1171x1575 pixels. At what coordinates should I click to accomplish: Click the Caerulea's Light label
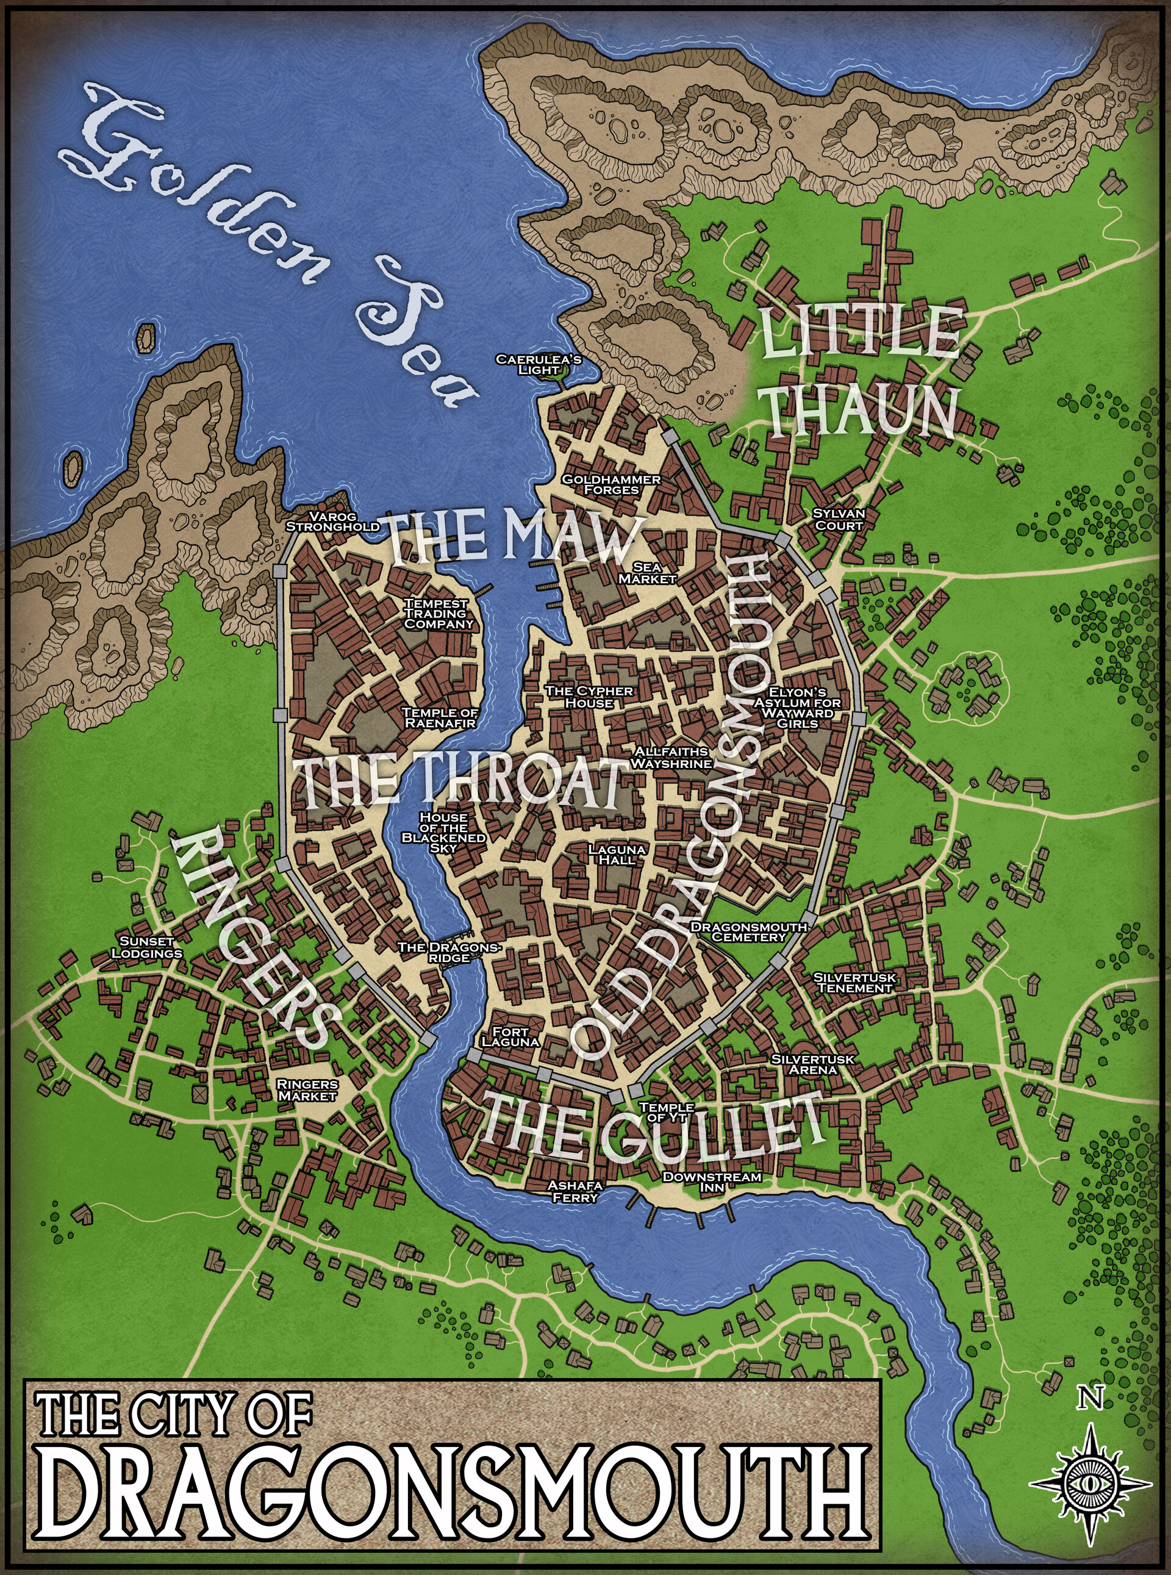click(x=538, y=364)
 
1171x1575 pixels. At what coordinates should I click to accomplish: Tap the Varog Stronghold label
click(x=332, y=522)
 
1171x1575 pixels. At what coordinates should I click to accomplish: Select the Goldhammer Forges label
click(x=611, y=484)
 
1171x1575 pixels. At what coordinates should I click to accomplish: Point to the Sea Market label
click(x=646, y=573)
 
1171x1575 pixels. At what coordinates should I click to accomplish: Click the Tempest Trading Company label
click(x=437, y=613)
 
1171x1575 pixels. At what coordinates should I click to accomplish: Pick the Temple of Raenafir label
click(x=440, y=717)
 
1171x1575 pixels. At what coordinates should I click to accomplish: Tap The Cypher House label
click(x=589, y=696)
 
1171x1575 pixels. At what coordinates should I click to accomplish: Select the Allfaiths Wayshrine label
click(x=670, y=757)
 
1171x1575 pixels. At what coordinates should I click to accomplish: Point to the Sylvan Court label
click(x=839, y=519)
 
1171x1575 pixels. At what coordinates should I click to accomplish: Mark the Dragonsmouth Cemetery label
click(x=748, y=931)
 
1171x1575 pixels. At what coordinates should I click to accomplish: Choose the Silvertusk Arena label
click(x=812, y=1064)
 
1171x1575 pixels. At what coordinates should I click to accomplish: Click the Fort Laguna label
click(x=510, y=1037)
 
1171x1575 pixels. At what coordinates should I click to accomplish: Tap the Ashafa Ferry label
click(x=575, y=1191)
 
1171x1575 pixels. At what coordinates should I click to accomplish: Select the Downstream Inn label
click(x=712, y=1181)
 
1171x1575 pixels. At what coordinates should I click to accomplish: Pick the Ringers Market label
click(x=307, y=1089)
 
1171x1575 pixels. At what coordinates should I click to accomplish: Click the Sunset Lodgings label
click(x=147, y=947)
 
